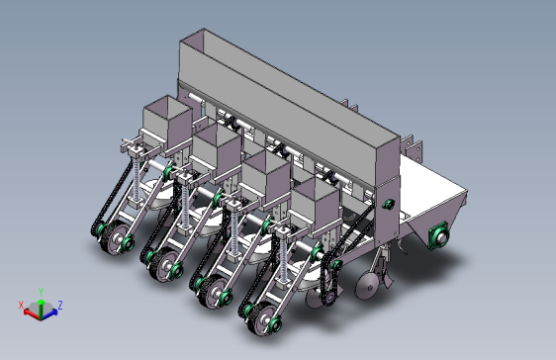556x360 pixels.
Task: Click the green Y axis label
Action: point(41,292)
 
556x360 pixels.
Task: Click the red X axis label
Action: point(21,305)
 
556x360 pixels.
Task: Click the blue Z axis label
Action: point(60,305)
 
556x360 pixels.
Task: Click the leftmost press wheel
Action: point(115,236)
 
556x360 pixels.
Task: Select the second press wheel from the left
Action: point(164,264)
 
